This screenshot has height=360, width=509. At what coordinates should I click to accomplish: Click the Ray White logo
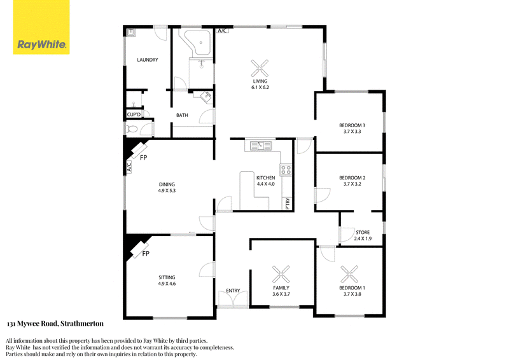coord(41,27)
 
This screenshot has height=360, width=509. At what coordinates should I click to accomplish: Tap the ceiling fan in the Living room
coord(260,68)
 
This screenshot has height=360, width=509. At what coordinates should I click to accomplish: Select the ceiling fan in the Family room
coord(281,274)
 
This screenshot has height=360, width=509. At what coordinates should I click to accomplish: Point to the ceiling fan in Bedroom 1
coord(349,274)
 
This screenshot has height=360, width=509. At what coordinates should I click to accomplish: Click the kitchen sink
coord(260,146)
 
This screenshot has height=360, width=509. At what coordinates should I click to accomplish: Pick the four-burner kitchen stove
coord(286,169)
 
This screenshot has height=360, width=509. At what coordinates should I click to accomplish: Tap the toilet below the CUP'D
coord(132,129)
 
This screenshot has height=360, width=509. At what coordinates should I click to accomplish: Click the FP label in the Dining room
coord(144,158)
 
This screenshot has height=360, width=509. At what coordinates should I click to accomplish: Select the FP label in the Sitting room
coord(146,254)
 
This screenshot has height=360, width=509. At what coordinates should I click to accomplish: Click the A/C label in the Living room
coord(222,31)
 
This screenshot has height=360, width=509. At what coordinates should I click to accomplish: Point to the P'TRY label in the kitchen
coord(288,204)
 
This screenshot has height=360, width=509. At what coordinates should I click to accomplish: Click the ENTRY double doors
coord(233,300)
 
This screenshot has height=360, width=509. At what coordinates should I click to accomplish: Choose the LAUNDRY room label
coord(148,60)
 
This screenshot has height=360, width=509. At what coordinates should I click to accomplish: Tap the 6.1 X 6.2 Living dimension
coord(260,87)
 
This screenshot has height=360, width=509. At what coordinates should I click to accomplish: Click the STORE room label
coord(363,232)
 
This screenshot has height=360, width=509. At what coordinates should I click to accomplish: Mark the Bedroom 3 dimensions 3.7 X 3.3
coord(352,132)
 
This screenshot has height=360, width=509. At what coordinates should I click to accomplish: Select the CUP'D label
coord(134,114)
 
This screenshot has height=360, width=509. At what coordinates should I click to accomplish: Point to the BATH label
coord(182,115)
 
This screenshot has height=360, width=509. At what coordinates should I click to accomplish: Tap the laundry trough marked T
coord(131,32)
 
